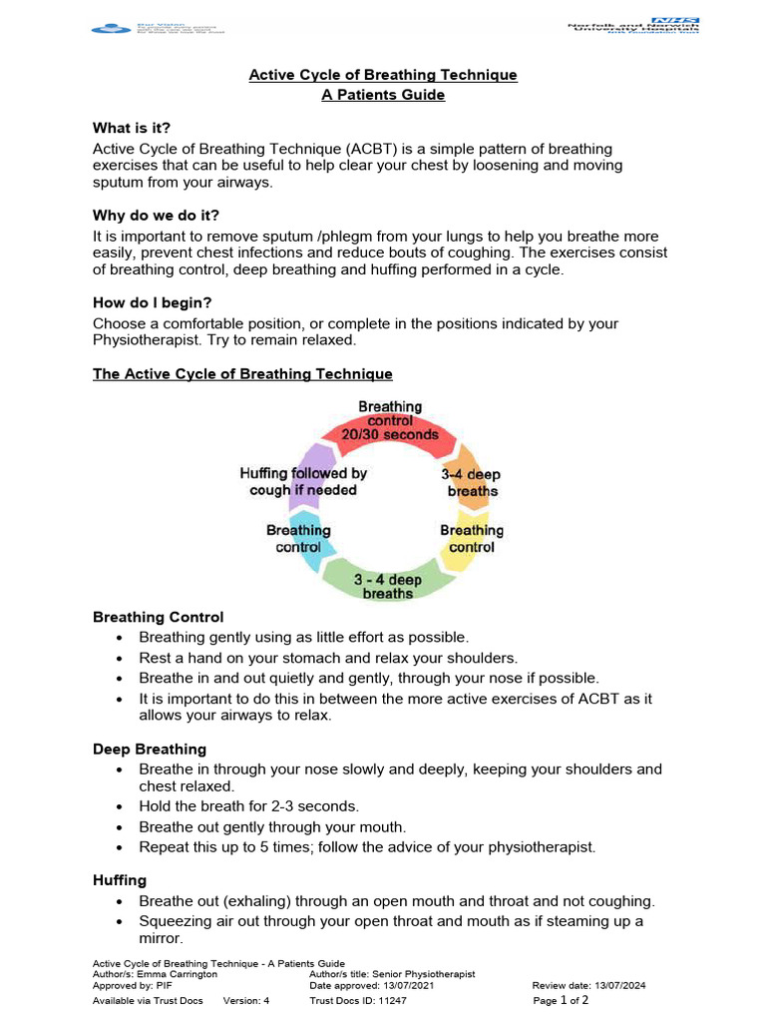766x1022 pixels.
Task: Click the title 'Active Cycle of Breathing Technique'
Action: (x=383, y=75)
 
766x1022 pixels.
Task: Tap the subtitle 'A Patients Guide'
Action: (x=383, y=95)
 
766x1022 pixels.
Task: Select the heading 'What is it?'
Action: (x=132, y=128)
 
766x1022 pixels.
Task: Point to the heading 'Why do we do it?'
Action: (x=156, y=215)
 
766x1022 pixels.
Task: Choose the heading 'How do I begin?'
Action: (x=152, y=302)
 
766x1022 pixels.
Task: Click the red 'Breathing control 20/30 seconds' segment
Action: (x=391, y=420)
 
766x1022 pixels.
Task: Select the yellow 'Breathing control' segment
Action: (x=471, y=539)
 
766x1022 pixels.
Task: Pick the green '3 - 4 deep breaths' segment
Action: (x=388, y=585)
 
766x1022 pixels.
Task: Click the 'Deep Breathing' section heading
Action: (x=150, y=749)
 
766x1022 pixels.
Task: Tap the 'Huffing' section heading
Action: (x=120, y=880)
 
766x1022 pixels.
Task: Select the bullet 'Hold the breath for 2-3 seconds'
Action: (x=248, y=805)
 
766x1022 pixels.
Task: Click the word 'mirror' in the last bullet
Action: (x=163, y=939)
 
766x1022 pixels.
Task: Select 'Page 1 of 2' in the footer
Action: (x=562, y=1000)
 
